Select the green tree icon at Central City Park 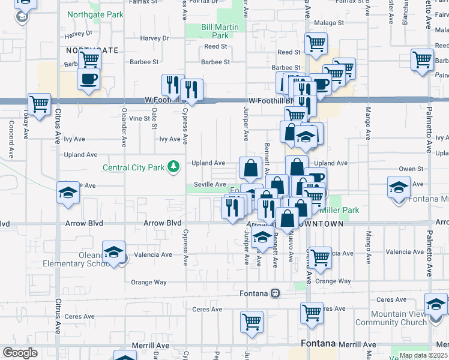173,166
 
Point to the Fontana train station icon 275,293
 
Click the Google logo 20,353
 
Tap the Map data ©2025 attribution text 423,355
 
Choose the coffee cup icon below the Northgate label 88,79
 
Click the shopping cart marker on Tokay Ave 40,104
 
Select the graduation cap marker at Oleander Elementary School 113,253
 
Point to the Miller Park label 340,210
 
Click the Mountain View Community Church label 399,318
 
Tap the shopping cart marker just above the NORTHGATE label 89,59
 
